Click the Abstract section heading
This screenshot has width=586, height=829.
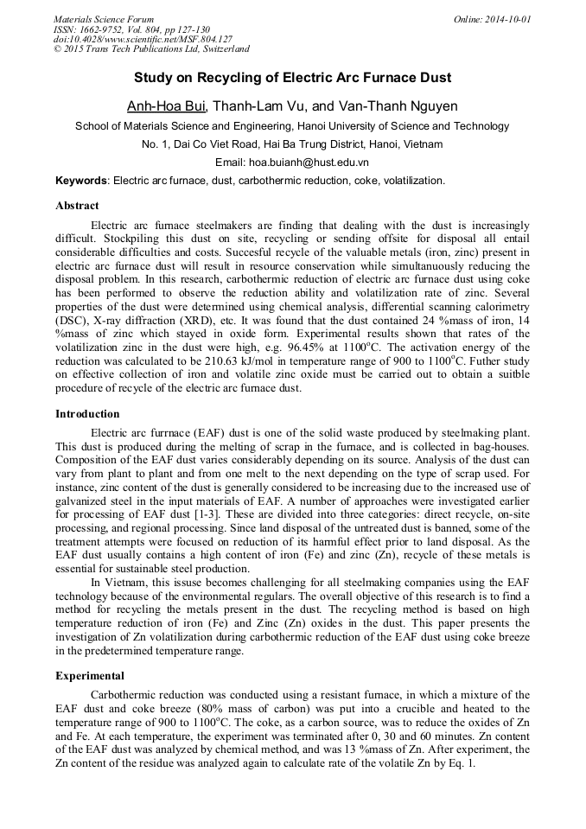[77, 206]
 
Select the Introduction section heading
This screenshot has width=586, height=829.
[87, 414]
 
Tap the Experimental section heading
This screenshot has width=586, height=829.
[90, 675]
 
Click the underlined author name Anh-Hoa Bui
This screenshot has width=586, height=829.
[167, 105]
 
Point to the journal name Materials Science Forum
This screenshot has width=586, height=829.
[104, 19]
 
